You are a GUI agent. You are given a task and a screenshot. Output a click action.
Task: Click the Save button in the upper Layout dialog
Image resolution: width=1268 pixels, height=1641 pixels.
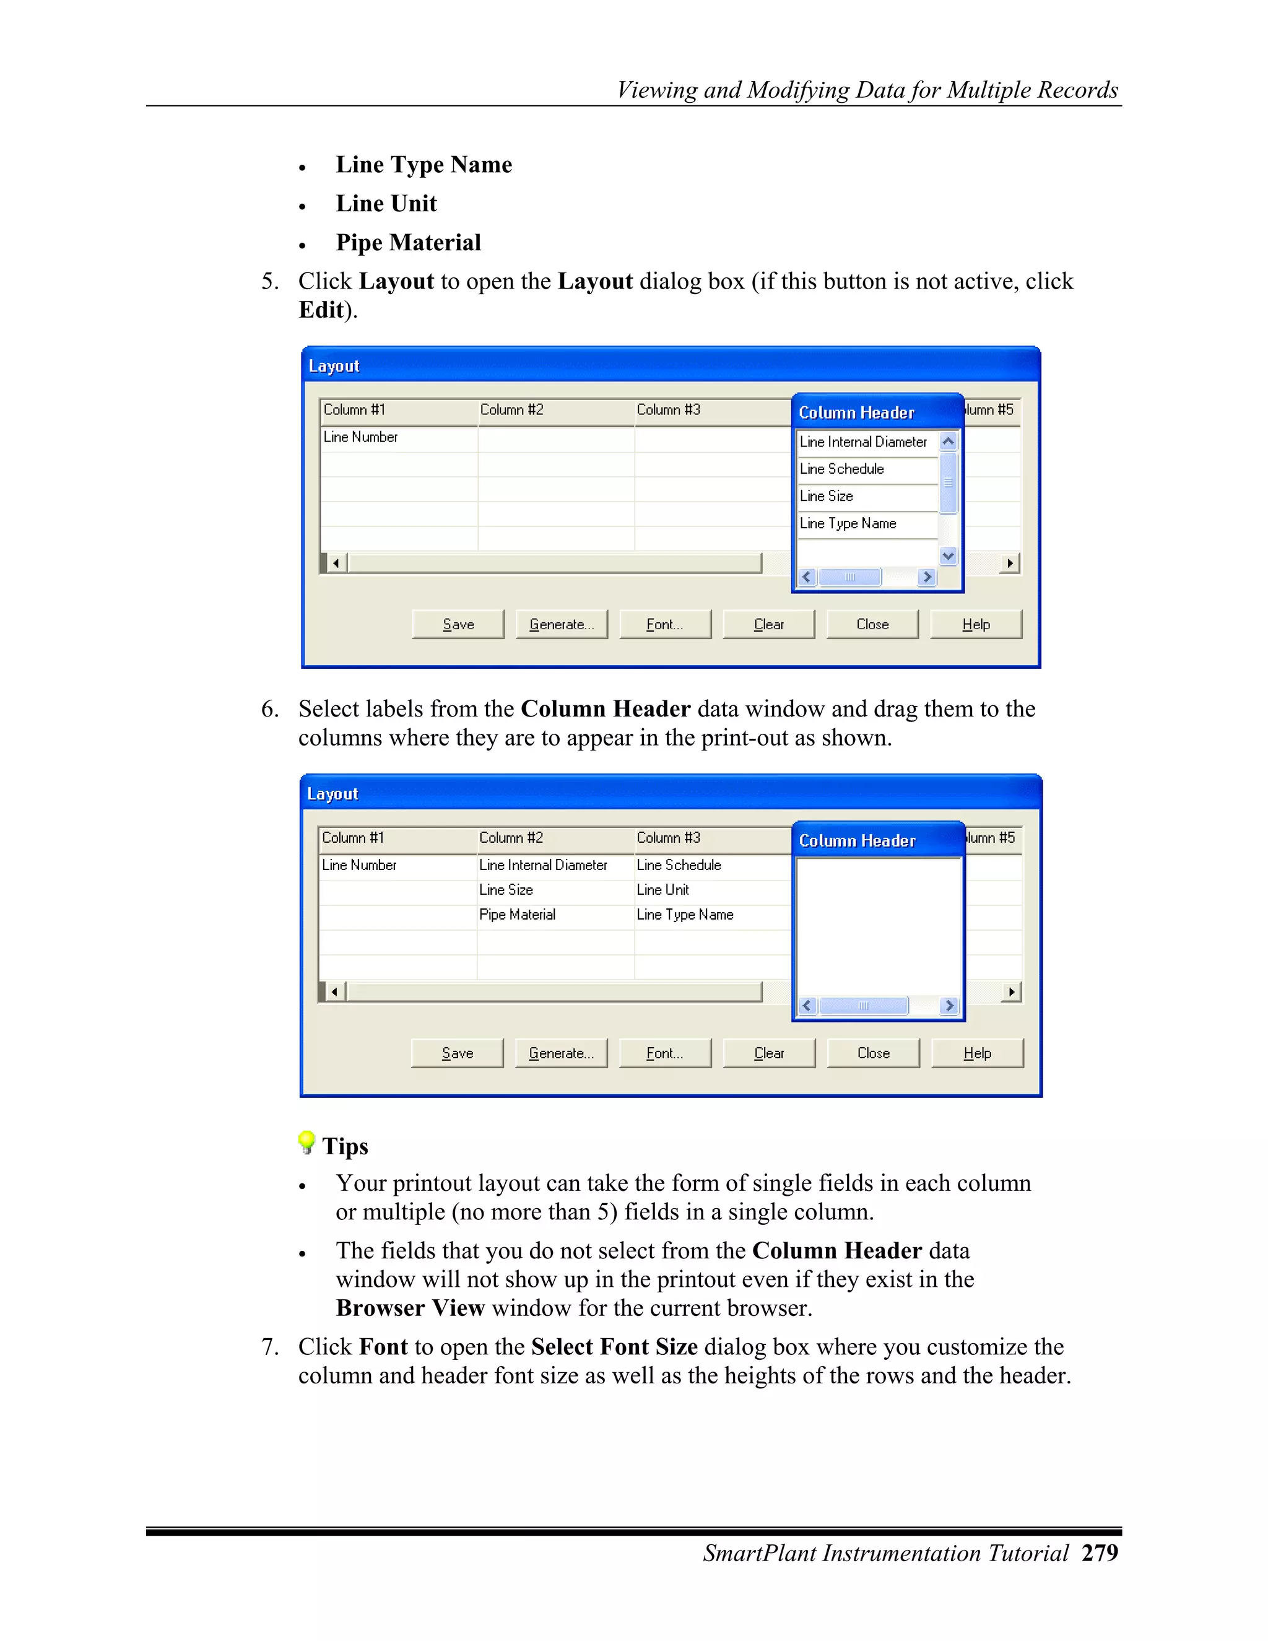(x=458, y=624)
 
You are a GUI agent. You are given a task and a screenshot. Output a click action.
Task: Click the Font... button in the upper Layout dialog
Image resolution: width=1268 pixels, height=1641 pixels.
(x=665, y=624)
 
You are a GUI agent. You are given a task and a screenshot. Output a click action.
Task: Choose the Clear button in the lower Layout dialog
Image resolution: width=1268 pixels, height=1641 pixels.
(x=768, y=1053)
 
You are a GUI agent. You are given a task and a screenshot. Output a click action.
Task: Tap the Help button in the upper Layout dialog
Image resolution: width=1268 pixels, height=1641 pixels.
(x=976, y=624)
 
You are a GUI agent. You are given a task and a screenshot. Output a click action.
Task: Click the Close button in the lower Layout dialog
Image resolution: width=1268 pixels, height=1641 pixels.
(x=873, y=1053)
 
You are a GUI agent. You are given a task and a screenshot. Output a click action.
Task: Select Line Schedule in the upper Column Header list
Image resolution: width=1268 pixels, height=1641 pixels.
(x=841, y=469)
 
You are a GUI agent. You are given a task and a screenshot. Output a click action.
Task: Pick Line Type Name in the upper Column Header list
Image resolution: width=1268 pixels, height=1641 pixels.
(x=848, y=524)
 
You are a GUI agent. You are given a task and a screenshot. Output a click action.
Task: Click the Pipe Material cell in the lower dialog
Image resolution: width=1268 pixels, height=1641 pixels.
(x=517, y=915)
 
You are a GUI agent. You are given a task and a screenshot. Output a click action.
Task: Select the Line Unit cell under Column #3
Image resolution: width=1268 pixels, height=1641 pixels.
(x=662, y=890)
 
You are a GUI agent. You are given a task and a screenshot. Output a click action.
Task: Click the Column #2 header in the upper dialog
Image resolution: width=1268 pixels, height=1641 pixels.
(x=511, y=409)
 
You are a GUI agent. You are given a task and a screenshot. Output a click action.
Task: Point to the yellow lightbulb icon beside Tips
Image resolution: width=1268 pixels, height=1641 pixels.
(x=306, y=1142)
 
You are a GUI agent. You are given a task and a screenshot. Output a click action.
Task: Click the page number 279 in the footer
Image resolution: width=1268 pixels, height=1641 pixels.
(x=1100, y=1553)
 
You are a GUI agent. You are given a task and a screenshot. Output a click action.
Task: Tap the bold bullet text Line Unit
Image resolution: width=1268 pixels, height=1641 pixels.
(x=386, y=204)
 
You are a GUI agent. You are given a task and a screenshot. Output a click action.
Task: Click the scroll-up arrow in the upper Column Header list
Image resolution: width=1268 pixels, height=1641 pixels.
(x=948, y=442)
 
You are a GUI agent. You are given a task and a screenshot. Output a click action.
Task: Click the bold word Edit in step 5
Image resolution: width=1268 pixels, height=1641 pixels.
(x=321, y=310)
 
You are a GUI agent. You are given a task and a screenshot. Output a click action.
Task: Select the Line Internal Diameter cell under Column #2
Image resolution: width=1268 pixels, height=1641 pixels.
(x=543, y=865)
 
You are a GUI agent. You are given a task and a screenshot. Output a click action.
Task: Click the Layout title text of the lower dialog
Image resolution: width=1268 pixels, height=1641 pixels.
(x=332, y=794)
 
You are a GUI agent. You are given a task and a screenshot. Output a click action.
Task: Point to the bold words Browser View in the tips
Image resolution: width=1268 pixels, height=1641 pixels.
(x=410, y=1308)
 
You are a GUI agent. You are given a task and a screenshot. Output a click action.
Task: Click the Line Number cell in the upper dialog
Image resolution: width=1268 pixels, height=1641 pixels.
(x=360, y=437)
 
